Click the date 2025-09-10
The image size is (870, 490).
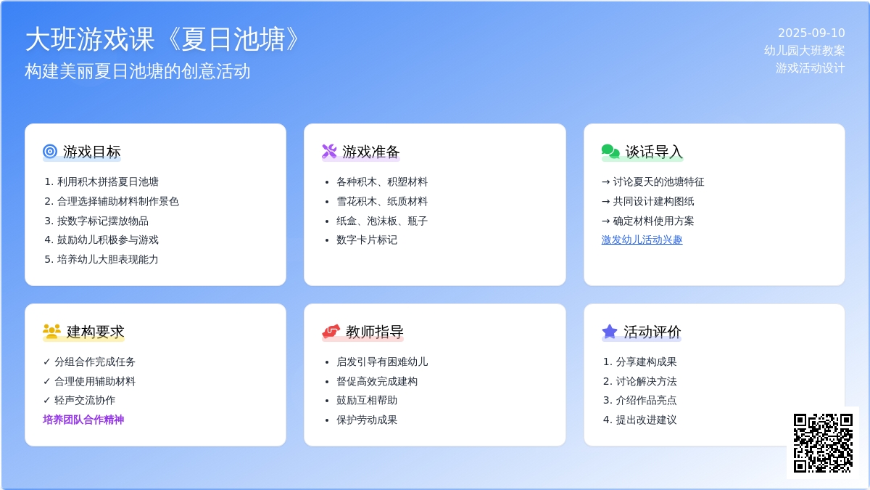tap(811, 33)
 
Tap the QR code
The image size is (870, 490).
tap(823, 443)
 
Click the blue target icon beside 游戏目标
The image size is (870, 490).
tap(50, 151)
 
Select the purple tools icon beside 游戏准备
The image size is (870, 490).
tap(329, 151)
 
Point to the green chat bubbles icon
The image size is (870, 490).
tap(610, 151)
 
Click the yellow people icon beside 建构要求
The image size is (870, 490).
tap(51, 331)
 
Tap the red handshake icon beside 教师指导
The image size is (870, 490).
tap(331, 331)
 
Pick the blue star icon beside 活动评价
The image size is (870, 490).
tap(610, 331)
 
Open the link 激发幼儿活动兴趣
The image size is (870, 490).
tap(642, 240)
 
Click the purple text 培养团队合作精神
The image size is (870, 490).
tap(83, 420)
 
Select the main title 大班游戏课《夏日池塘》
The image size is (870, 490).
tap(162, 39)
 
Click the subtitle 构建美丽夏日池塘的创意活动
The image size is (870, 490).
tap(138, 71)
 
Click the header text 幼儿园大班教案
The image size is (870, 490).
tap(804, 51)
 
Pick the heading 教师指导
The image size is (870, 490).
tap(374, 332)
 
